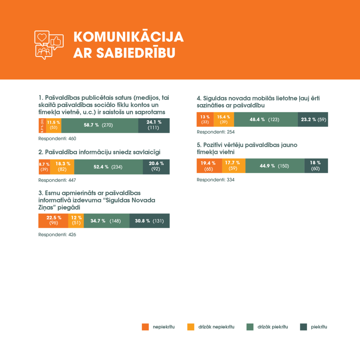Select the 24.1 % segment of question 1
tap(154, 126)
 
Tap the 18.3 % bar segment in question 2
tap(62, 167)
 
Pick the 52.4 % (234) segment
tap(109, 167)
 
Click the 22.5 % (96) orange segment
tap(53, 221)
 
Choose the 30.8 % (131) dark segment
tap(149, 221)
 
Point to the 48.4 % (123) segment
tap(266, 120)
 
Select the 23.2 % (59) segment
tap(313, 120)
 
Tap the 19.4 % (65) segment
tap(209, 166)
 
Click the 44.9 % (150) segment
tap(275, 166)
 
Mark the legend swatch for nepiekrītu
tap(145, 327)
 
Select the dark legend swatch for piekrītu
tap(303, 327)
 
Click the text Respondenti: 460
tap(57, 139)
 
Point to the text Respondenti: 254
tap(215, 132)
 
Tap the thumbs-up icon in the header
tap(56, 41)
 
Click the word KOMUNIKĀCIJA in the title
tap(128, 37)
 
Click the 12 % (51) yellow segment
tap(76, 221)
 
